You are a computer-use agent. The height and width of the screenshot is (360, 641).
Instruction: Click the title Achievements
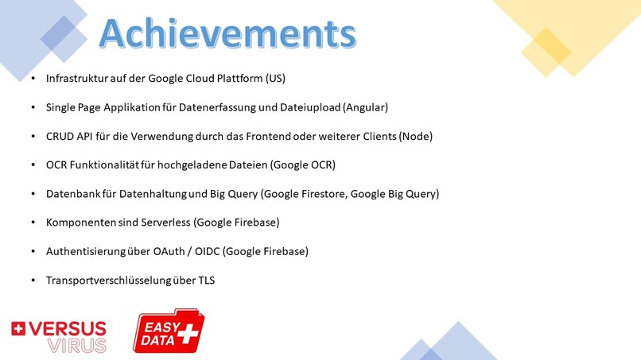pos(226,34)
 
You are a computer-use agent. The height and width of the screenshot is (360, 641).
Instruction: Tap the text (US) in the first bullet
pos(275,79)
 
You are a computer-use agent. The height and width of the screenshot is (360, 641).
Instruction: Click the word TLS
pos(206,280)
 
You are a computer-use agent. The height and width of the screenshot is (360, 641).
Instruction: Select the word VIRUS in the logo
pos(77,345)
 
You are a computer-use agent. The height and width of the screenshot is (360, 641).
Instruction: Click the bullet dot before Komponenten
pos(33,223)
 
